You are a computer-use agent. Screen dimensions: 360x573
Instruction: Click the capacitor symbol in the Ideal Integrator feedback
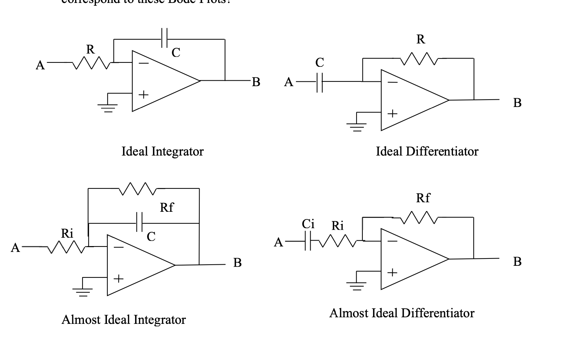click(164, 38)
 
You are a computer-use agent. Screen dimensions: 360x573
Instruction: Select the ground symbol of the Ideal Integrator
click(107, 106)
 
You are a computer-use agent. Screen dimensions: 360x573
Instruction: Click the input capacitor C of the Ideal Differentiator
click(319, 82)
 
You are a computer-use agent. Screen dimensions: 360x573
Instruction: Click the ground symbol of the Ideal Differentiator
click(356, 126)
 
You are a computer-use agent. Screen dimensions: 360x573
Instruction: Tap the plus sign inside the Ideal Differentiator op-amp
click(392, 114)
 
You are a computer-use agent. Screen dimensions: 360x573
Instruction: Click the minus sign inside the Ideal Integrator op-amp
click(143, 64)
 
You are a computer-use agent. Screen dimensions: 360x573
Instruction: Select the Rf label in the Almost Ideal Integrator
click(167, 207)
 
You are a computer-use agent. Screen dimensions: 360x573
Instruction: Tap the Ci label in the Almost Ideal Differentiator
click(308, 224)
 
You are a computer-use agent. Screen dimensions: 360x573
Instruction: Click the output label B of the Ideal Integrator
click(256, 82)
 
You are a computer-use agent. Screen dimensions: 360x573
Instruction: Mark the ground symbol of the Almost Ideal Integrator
click(82, 291)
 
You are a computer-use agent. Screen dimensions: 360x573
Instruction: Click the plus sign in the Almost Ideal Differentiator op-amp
click(392, 272)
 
